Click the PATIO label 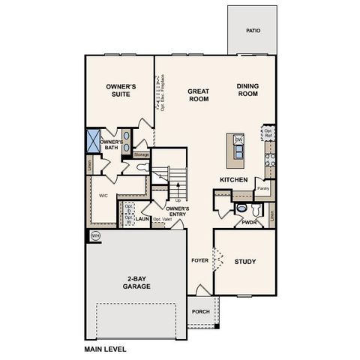[x=253, y=31]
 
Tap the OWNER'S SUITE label [x=119, y=91]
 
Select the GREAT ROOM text [x=198, y=94]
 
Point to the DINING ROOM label [x=247, y=90]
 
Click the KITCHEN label [x=233, y=180]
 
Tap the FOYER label [x=199, y=261]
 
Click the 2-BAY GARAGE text [x=135, y=283]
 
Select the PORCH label [x=200, y=312]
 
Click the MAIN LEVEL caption [x=105, y=349]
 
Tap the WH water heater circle [x=95, y=235]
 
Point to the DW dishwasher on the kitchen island [x=238, y=140]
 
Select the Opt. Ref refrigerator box [x=268, y=133]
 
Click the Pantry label [x=262, y=188]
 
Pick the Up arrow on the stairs [x=178, y=199]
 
